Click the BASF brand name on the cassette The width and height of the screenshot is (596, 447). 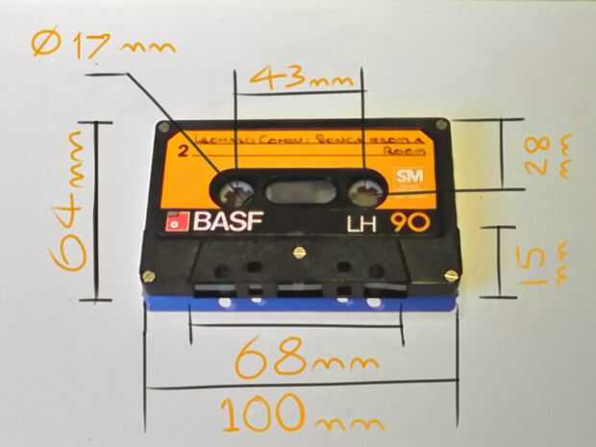tap(228, 221)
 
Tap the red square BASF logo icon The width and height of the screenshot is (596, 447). tap(175, 222)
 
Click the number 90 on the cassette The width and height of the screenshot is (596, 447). tap(410, 223)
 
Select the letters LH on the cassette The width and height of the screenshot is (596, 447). tap(362, 225)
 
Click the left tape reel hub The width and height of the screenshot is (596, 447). tap(235, 190)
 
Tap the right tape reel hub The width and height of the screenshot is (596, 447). tap(366, 190)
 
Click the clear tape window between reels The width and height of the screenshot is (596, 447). tap(300, 191)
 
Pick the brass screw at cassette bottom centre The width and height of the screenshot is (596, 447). tap(298, 254)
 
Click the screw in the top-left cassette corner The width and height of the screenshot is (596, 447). tap(163, 127)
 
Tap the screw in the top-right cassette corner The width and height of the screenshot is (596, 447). tap(441, 125)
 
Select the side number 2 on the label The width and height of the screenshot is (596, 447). tap(183, 150)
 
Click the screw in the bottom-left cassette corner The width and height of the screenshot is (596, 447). tap(149, 276)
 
